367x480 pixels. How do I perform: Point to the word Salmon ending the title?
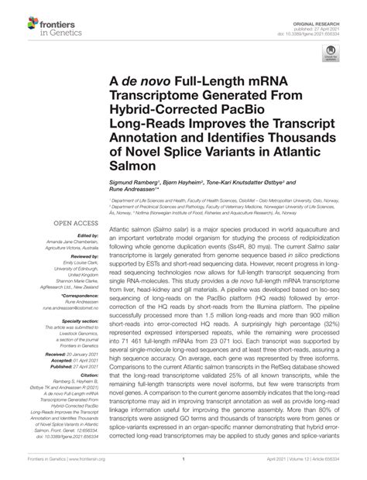tap(134, 165)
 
